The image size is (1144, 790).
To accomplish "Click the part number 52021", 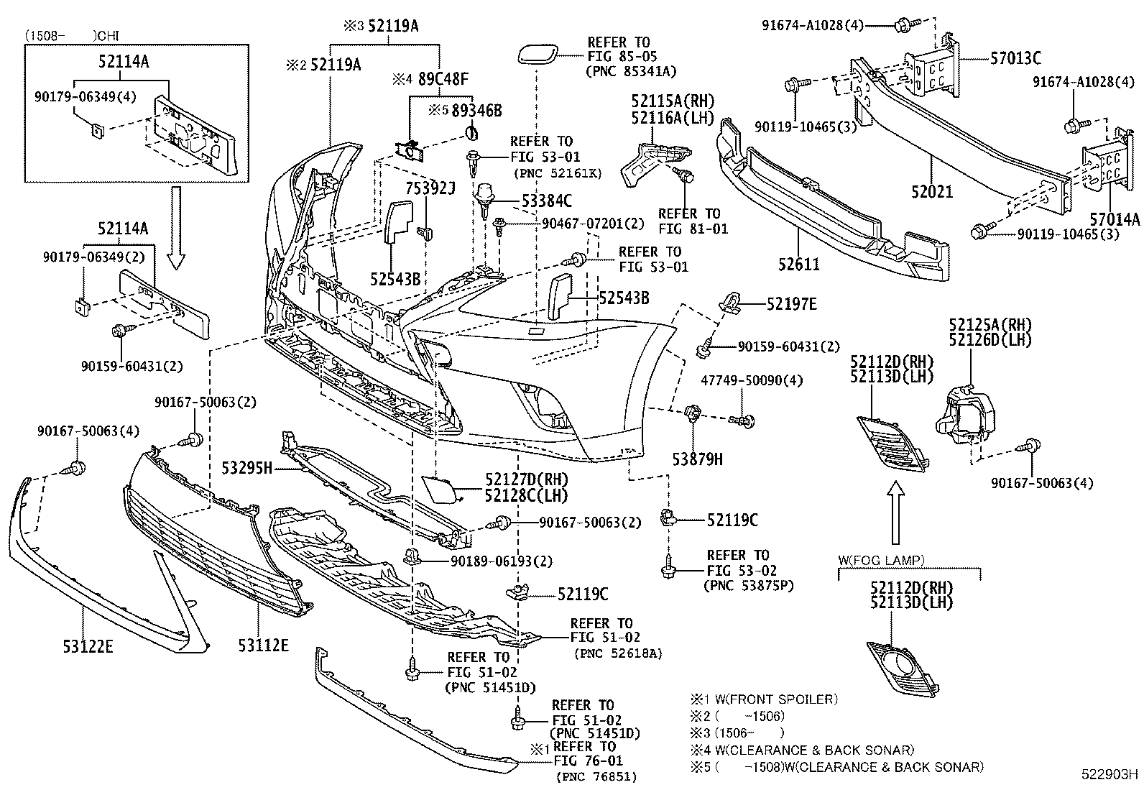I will (932, 192).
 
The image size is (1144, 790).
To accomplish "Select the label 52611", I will (798, 264).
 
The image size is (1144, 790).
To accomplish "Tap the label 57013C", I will (1015, 59).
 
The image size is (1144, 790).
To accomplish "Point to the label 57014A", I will (1114, 219).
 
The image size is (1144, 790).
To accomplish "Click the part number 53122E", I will (88, 646).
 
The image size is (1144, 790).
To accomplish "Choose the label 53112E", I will (263, 646).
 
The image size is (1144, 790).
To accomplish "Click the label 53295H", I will (246, 469).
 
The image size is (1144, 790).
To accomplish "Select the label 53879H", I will (697, 458).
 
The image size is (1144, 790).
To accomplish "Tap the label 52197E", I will (791, 304).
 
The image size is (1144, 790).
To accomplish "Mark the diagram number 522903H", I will (1111, 775).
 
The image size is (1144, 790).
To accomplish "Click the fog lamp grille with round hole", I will (903, 668).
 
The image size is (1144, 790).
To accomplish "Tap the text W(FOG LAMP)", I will (881, 559).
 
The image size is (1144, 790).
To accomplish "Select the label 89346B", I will (475, 111).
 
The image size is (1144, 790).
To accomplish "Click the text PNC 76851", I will (596, 776).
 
